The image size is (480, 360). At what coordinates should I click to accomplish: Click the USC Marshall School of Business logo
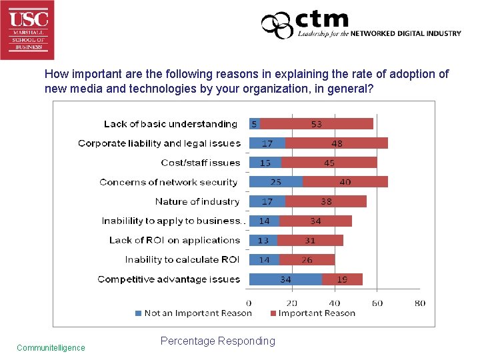click(27, 29)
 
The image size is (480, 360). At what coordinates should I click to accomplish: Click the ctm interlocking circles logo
click(277, 26)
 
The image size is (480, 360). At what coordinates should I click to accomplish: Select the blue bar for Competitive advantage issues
click(285, 279)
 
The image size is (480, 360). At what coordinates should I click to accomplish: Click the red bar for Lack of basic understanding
click(316, 123)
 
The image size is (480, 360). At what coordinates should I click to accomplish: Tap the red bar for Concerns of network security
click(345, 182)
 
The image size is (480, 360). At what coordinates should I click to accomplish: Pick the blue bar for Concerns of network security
click(275, 182)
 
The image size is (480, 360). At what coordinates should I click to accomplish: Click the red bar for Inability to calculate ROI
click(307, 260)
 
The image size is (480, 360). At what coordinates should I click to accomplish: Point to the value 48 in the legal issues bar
click(337, 143)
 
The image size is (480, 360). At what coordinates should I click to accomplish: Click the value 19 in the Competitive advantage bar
click(342, 279)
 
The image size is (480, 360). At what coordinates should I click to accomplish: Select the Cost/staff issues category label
click(200, 163)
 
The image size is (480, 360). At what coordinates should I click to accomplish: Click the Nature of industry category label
click(197, 201)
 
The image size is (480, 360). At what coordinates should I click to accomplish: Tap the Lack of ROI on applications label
click(174, 240)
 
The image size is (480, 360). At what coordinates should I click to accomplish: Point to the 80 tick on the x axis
click(419, 303)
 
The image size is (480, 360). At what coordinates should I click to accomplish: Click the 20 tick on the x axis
click(292, 303)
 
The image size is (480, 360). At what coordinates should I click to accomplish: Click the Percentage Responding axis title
click(217, 341)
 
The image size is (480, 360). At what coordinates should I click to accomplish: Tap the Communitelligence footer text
click(51, 347)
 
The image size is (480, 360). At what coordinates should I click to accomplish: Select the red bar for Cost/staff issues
click(329, 163)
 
